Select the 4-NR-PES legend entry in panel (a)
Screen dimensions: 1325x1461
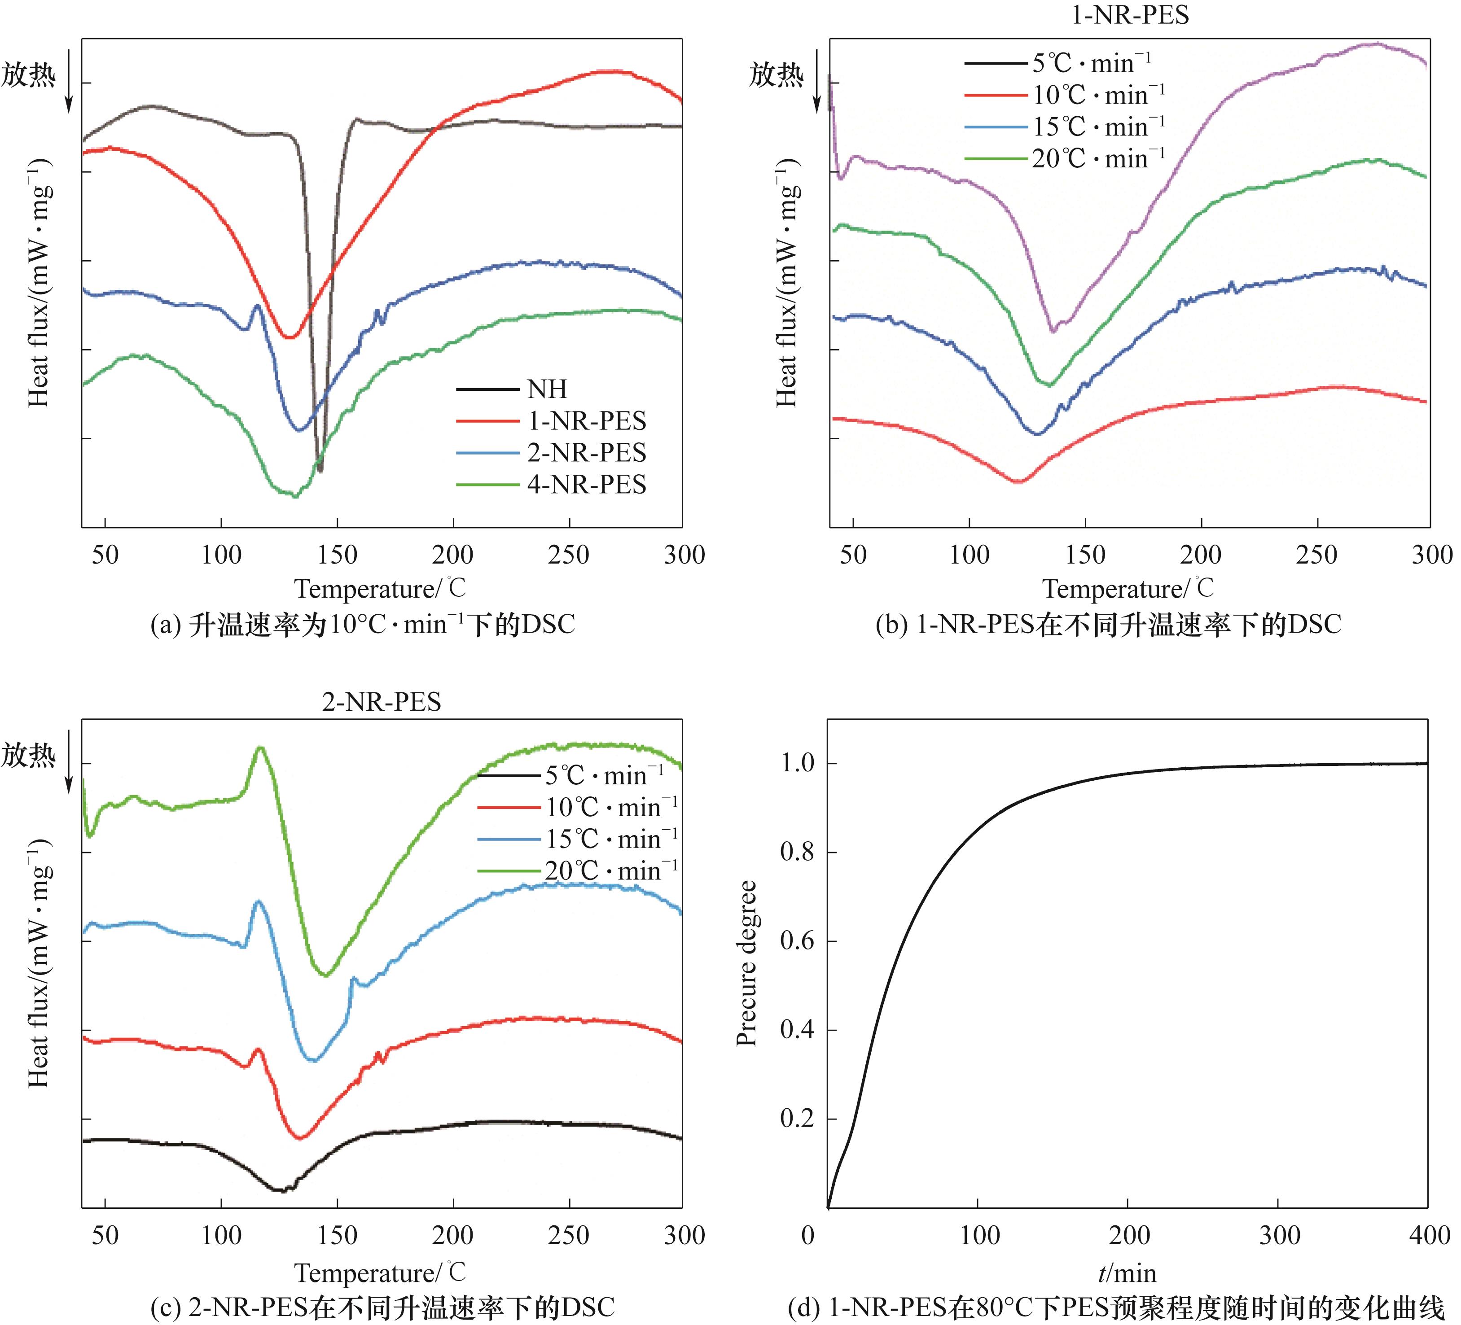pyautogui.click(x=586, y=485)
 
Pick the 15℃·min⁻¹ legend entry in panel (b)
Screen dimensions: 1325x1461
pyautogui.click(x=1098, y=127)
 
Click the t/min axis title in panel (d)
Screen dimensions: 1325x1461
pyautogui.click(x=1127, y=1273)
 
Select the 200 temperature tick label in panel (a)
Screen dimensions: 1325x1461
pyautogui.click(x=452, y=555)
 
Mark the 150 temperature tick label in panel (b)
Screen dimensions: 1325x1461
pyautogui.click(x=1085, y=555)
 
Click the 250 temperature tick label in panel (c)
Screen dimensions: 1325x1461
pyautogui.click(x=568, y=1234)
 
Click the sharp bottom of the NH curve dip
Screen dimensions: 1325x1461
pyautogui.click(x=320, y=470)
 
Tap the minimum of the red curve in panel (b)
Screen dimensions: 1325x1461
pyautogui.click(x=1018, y=481)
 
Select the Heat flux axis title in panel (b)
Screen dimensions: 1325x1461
pyautogui.click(x=787, y=283)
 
